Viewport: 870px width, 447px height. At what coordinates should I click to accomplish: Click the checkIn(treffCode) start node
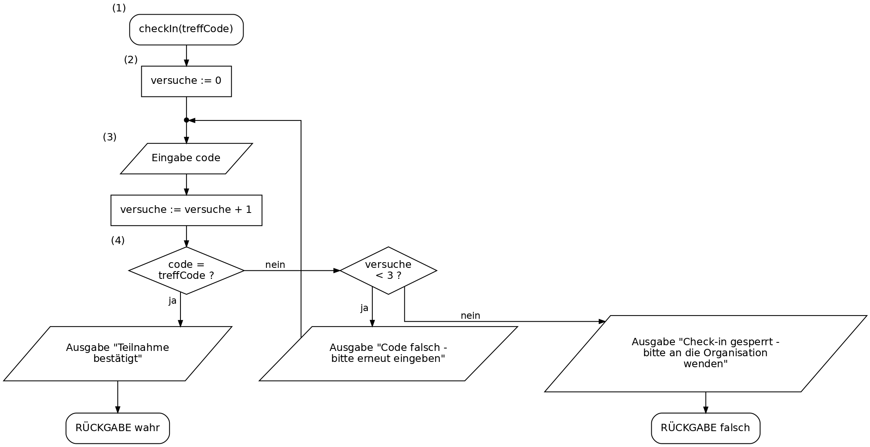pyautogui.click(x=187, y=30)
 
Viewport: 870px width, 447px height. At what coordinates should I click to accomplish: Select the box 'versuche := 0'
pyautogui.click(x=187, y=81)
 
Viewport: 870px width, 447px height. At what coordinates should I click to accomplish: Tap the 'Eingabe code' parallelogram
pyautogui.click(x=187, y=158)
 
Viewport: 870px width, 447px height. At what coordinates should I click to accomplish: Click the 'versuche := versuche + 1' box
pyautogui.click(x=187, y=210)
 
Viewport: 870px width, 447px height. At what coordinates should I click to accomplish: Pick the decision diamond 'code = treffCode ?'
pyautogui.click(x=187, y=270)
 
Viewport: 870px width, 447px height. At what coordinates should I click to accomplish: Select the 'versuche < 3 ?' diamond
pyautogui.click(x=389, y=270)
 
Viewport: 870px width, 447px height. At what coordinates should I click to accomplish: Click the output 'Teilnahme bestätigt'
pyautogui.click(x=118, y=353)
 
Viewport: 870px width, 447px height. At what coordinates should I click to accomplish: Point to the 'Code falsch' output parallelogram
pyautogui.click(x=389, y=353)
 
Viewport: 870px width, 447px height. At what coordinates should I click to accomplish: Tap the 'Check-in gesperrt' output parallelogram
pyautogui.click(x=705, y=353)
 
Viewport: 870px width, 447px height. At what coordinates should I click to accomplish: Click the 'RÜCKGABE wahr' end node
pyautogui.click(x=118, y=428)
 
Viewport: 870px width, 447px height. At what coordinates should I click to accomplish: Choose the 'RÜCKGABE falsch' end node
pyautogui.click(x=705, y=428)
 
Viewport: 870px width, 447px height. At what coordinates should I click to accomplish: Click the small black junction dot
pyautogui.click(x=187, y=120)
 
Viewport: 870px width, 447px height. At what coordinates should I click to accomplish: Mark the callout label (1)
pyautogui.click(x=119, y=8)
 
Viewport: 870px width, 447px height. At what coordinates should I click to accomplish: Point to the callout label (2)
pyautogui.click(x=131, y=60)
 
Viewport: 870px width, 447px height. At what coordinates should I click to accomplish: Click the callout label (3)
pyautogui.click(x=110, y=137)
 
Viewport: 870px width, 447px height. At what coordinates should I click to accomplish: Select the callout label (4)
pyautogui.click(x=118, y=241)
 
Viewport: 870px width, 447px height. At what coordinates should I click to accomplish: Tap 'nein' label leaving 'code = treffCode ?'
pyautogui.click(x=275, y=265)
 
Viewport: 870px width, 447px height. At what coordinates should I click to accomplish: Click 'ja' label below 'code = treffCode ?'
pyautogui.click(x=173, y=301)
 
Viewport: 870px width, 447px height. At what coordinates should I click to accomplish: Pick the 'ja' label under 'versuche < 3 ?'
pyautogui.click(x=365, y=308)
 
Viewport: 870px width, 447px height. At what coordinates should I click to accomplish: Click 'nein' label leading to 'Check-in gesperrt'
pyautogui.click(x=470, y=316)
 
